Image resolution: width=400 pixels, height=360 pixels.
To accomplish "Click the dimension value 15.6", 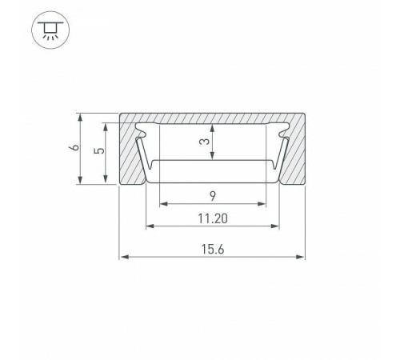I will (x=213, y=249).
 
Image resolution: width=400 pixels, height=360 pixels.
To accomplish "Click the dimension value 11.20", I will (x=213, y=218).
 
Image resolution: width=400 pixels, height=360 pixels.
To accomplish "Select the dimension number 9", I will (x=214, y=195).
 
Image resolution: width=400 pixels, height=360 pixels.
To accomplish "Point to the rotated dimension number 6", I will (x=73, y=149).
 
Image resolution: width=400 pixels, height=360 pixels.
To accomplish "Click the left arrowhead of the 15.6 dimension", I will (x=123, y=258).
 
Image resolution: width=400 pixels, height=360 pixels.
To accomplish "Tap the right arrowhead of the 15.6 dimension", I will (x=303, y=258).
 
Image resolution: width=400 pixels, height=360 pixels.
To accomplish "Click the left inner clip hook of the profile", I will (x=142, y=136).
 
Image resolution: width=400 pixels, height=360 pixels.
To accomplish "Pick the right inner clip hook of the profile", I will (x=284, y=136).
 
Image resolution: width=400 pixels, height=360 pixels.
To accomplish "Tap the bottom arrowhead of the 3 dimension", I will (x=213, y=158).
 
